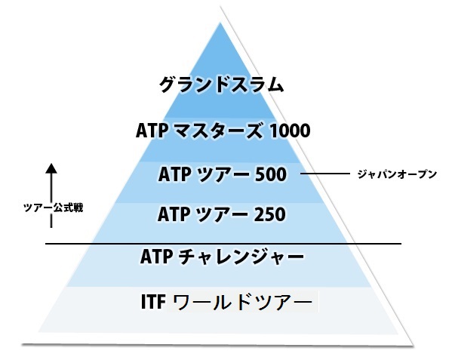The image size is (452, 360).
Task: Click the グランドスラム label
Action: [x=222, y=85]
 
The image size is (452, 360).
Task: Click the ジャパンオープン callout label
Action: [x=397, y=174]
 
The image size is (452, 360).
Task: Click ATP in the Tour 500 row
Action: [x=174, y=174]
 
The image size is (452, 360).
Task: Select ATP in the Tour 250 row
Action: [x=174, y=215]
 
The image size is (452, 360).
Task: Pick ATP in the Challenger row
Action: [x=157, y=258]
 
